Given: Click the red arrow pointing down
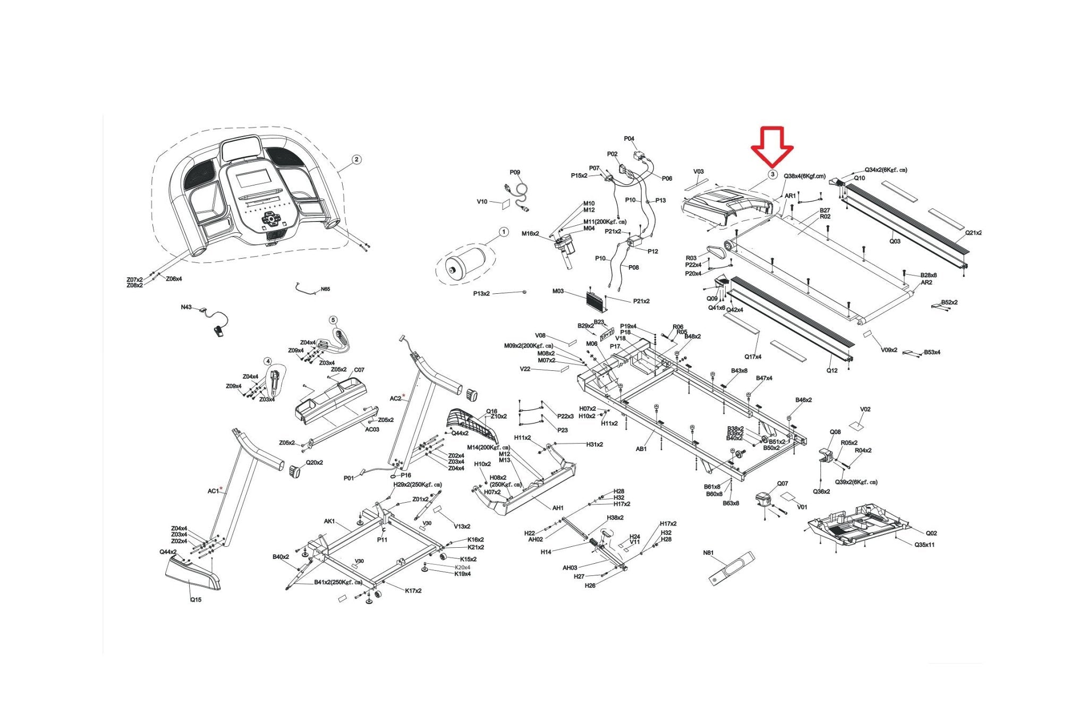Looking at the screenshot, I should (x=772, y=146).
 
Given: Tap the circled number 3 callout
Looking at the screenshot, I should (x=772, y=174).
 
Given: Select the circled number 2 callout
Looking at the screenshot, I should (x=356, y=159).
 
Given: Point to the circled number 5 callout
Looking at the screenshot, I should (x=333, y=320).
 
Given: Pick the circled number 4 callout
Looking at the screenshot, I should (x=268, y=362).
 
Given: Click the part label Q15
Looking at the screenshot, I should (x=195, y=600).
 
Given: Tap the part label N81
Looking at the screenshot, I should (x=708, y=553).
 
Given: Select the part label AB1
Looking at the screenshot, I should (x=641, y=449).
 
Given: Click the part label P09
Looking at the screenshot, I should (x=515, y=172).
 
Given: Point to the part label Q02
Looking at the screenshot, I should (x=931, y=533).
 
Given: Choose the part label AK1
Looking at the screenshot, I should (x=329, y=521).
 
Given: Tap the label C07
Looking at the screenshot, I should (x=359, y=370).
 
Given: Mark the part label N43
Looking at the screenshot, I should (x=186, y=307).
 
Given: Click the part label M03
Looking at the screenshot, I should (x=558, y=291).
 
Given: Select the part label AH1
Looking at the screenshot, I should (x=558, y=508).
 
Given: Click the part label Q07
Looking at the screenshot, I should (x=783, y=484).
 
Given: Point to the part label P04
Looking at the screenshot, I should (x=629, y=139).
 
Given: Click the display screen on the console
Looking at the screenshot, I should (x=254, y=179).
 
